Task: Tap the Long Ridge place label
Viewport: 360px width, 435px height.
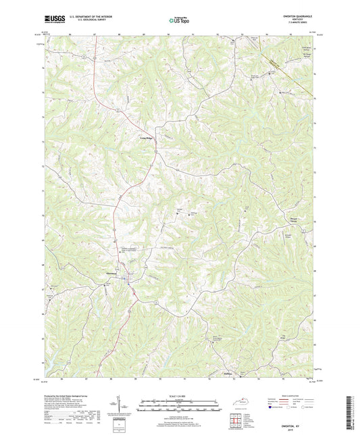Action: coord(147,138)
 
